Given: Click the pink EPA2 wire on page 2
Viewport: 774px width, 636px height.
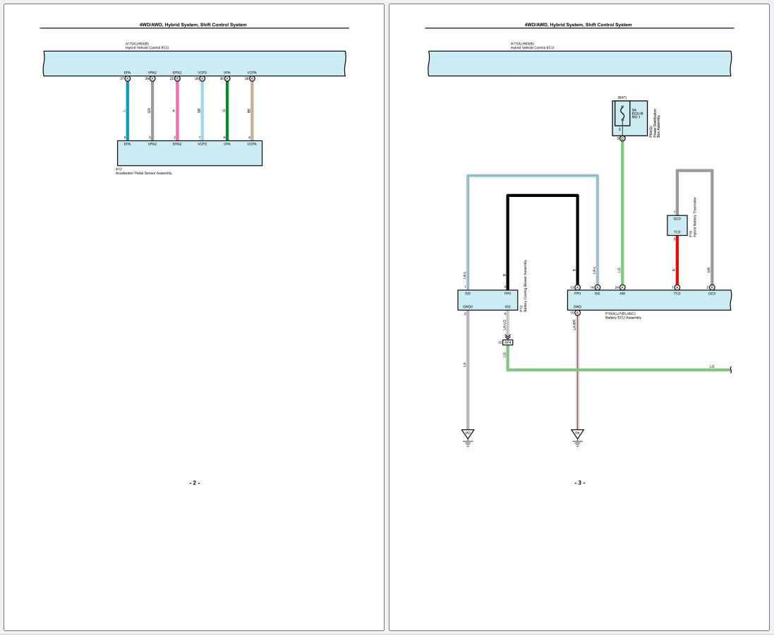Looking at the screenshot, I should tap(177, 110).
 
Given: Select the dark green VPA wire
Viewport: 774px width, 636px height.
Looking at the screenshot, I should tap(227, 110).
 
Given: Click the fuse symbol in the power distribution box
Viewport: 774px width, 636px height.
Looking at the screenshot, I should tap(622, 114).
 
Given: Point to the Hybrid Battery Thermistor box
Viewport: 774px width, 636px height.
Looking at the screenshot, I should tap(677, 225).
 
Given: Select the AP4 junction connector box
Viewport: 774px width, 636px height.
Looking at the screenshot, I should tap(508, 342).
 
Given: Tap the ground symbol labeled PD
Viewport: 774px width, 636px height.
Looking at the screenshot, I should tap(466, 433).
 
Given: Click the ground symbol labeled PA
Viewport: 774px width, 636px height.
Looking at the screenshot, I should tap(577, 433).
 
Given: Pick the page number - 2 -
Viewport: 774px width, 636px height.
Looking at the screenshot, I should tap(194, 483).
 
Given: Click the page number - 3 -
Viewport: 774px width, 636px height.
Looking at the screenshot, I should tap(579, 483).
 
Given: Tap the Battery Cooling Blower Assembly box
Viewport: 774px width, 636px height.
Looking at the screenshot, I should tap(487, 300).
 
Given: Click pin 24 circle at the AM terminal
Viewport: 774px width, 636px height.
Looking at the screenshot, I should tap(622, 287).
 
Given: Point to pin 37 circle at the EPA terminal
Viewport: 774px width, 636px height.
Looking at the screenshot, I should tap(127, 79).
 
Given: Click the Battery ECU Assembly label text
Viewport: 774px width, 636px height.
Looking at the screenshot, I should tap(623, 318).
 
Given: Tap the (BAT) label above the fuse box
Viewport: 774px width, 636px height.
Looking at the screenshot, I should tap(622, 97).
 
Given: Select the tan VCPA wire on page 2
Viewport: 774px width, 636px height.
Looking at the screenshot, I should tap(252, 110).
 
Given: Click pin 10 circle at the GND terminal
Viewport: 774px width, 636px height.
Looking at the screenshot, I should tap(577, 313).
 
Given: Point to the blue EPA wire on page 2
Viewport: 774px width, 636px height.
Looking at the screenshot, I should tap(127, 110).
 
